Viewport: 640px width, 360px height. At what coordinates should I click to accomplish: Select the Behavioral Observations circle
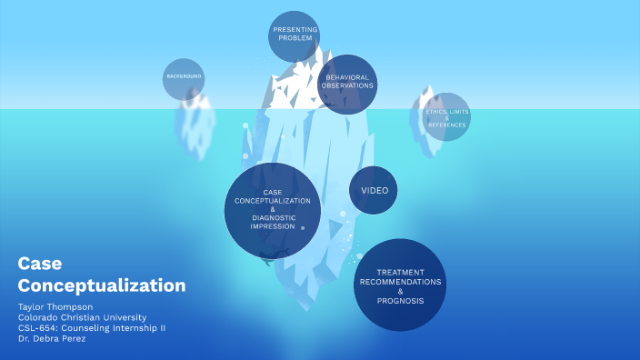pos(347,84)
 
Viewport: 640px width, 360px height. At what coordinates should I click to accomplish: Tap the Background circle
pos(184,78)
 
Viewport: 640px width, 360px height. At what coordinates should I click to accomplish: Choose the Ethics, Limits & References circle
pos(446,116)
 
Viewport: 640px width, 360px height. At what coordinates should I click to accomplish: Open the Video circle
pos(374,190)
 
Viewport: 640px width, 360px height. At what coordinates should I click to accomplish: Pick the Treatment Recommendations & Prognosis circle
pos(399,285)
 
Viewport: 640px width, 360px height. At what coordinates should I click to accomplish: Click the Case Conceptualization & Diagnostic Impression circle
pos(272,209)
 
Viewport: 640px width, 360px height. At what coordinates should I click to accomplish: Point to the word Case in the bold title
pos(39,264)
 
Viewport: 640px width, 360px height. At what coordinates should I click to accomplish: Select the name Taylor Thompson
pos(55,306)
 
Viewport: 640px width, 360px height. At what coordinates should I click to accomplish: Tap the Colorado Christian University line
pos(82,316)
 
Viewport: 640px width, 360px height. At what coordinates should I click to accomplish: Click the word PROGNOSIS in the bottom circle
pos(399,300)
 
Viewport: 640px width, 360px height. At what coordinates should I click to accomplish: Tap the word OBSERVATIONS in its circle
pos(347,86)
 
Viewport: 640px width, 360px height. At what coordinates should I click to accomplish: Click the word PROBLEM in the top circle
pos(295,40)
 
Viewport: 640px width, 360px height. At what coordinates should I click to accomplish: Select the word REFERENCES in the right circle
pos(446,124)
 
